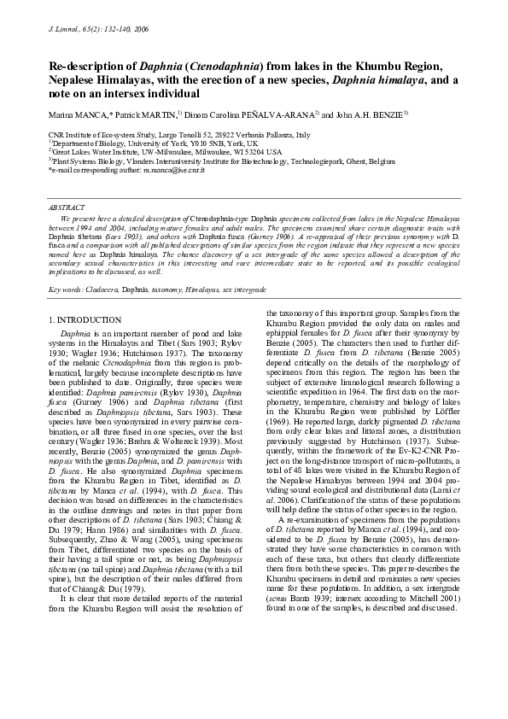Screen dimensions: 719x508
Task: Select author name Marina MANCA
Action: [x=72, y=113]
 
